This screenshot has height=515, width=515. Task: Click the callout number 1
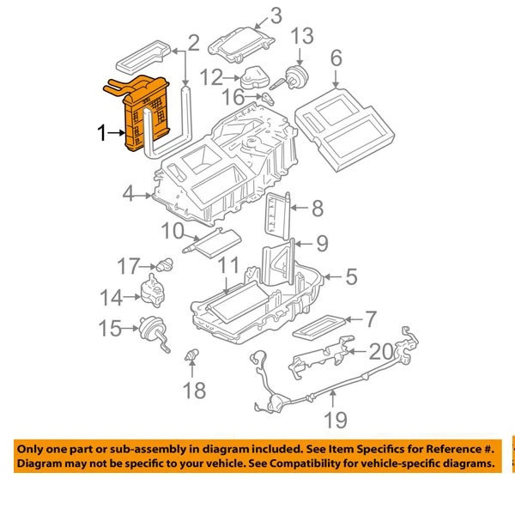click(x=103, y=133)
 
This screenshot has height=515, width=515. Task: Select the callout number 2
click(x=193, y=42)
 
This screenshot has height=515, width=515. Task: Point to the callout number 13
click(x=303, y=37)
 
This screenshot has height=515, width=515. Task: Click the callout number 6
click(x=336, y=58)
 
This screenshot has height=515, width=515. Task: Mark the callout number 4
click(x=128, y=195)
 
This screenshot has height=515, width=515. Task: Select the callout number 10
click(x=173, y=231)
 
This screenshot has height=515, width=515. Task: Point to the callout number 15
click(x=111, y=328)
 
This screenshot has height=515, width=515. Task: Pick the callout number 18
click(x=195, y=391)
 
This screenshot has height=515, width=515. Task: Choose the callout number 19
click(x=335, y=420)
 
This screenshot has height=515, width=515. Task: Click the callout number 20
click(x=380, y=350)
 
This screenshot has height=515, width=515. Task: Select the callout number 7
click(x=370, y=319)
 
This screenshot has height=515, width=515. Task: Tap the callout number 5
click(x=350, y=276)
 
